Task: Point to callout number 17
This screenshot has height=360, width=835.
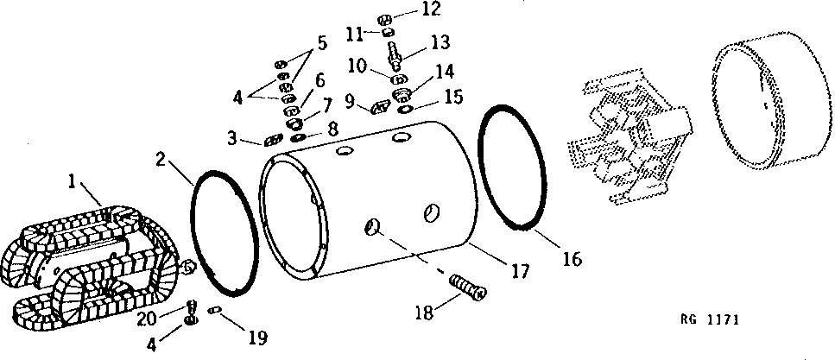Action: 518,271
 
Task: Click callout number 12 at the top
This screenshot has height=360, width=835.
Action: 407,9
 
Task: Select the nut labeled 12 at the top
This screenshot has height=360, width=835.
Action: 385,19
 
